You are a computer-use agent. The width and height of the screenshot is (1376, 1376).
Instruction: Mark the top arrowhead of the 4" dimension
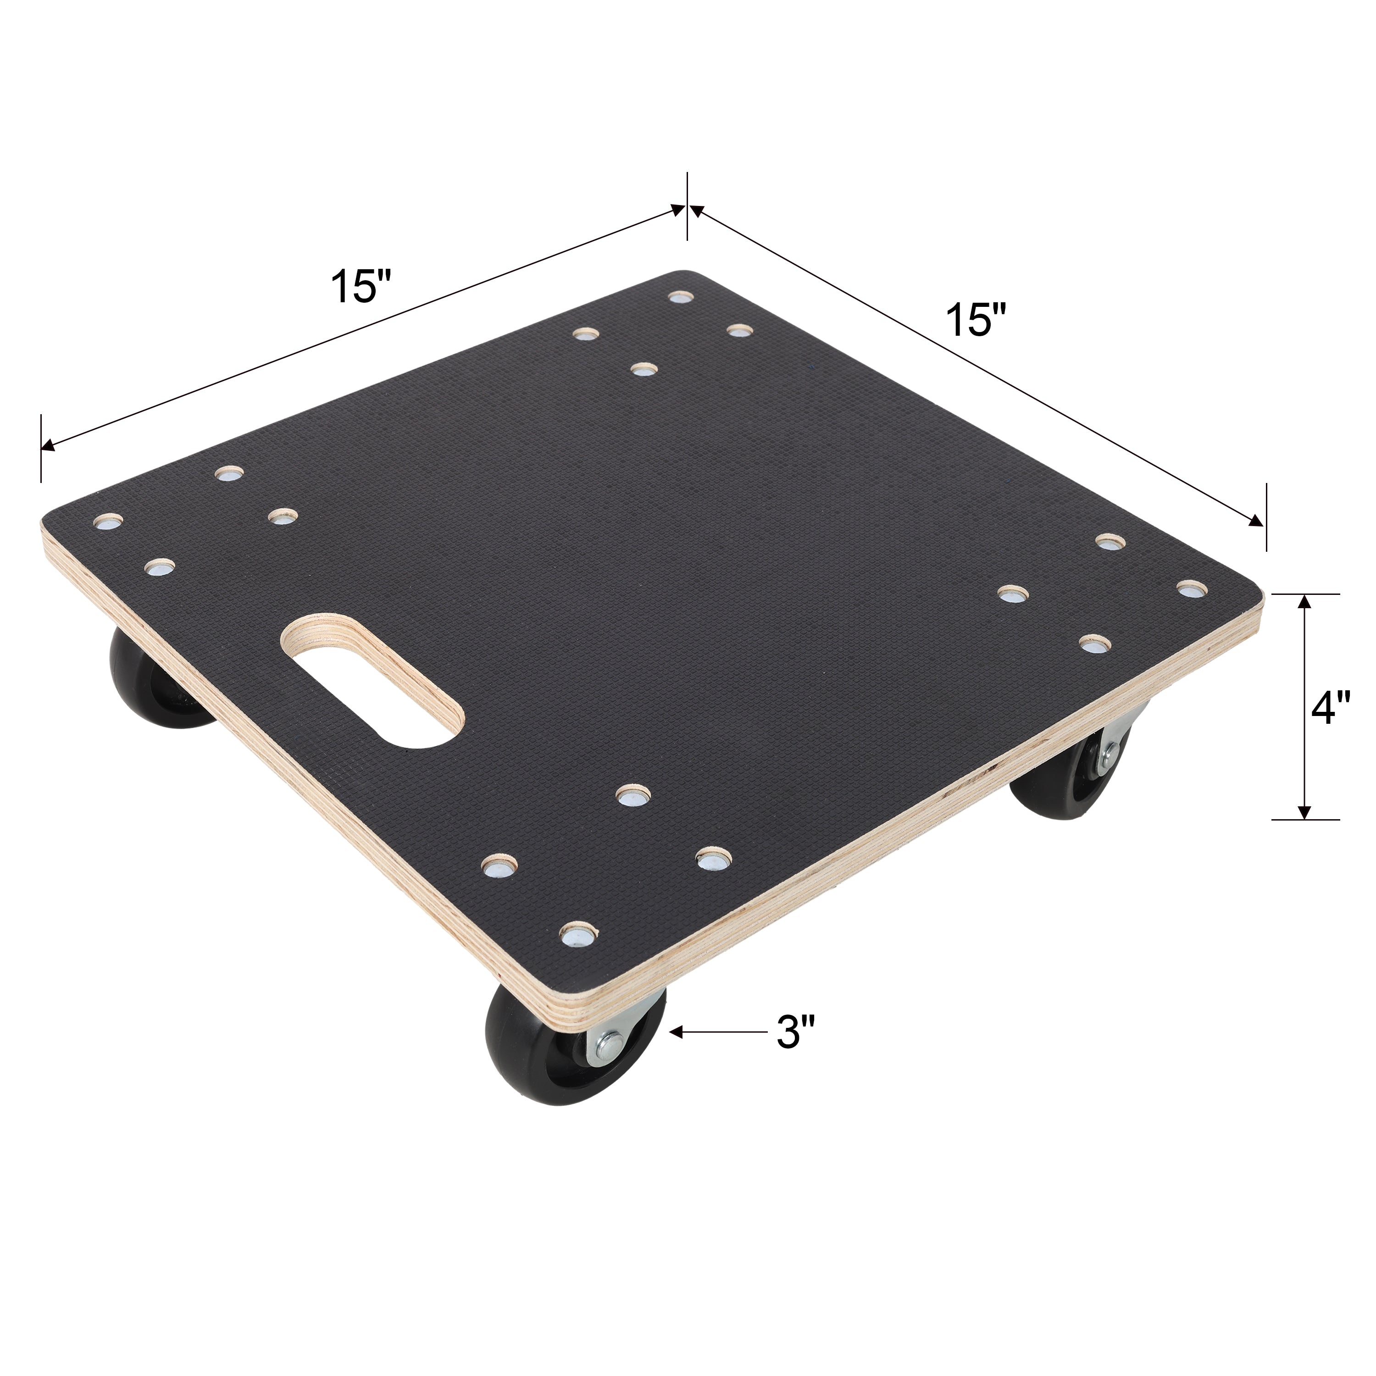coord(1304,601)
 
